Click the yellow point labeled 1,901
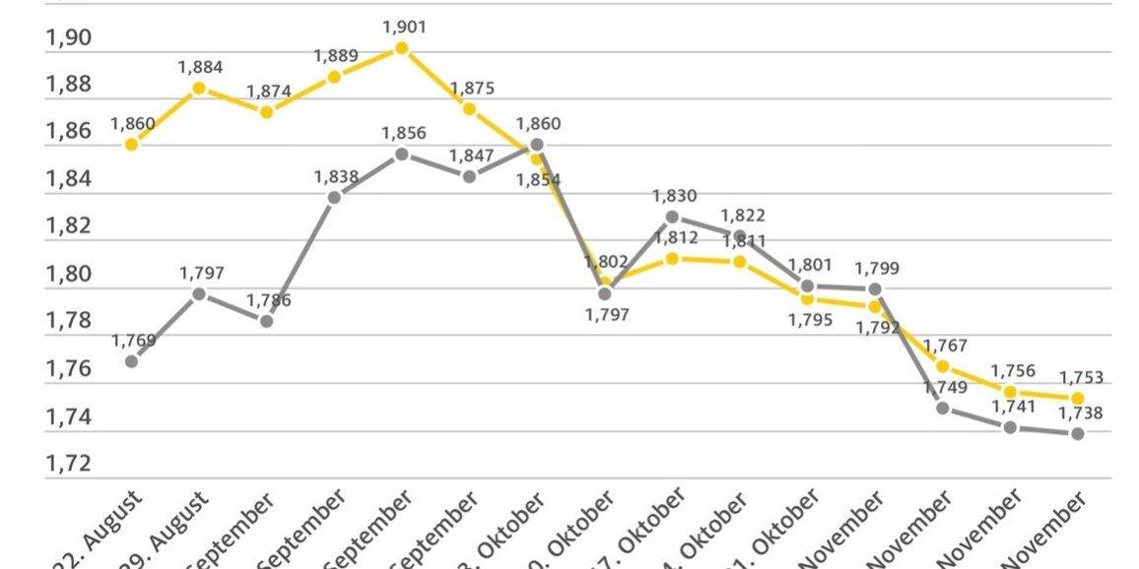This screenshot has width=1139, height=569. pos(401,48)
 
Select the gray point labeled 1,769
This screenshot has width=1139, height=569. pos(131,361)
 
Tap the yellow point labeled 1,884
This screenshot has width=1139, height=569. pos(199,88)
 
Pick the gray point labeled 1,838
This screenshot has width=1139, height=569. pos(334,197)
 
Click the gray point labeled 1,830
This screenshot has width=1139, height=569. pos(672,217)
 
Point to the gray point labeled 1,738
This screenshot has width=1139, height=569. pos(1078,433)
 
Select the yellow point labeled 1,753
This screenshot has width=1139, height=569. pos(1078,398)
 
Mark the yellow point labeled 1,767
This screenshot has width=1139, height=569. pos(943,366)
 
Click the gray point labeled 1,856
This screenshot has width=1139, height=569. pos(401,154)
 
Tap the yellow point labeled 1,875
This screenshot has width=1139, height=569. pos(469,109)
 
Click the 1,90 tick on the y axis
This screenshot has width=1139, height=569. pos(68,38)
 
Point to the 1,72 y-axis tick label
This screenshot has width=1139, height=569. pos(68,464)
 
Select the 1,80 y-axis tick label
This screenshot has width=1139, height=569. pos(68,274)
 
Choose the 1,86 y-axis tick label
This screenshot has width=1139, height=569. pos(68,132)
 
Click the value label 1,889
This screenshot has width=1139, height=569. pos(336,56)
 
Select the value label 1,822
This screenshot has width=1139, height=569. pos(742,215)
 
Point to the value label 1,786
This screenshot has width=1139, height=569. pos(269,300)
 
